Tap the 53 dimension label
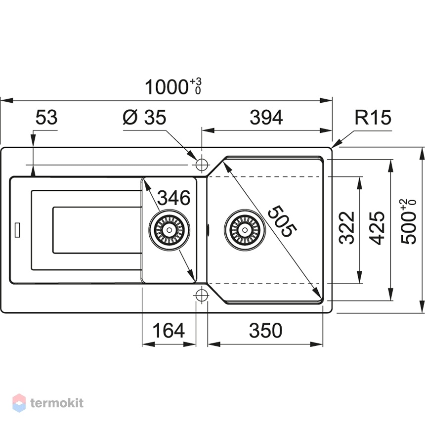pos(46,118)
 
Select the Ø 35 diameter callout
pos(144,117)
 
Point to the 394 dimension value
pos(266,118)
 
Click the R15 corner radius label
pos(373,118)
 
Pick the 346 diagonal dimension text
pos(174,198)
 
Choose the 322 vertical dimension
pos(347,228)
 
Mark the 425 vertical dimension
pos(377,228)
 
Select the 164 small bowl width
pos(169,331)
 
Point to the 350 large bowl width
pos(266,331)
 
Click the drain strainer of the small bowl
pos(169,230)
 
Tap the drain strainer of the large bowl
pos(245,230)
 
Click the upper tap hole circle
pos(202,165)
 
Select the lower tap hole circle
pos(202,295)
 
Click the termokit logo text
pos(57,403)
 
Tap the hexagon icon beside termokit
pos(19,403)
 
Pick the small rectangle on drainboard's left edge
pos(17,230)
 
